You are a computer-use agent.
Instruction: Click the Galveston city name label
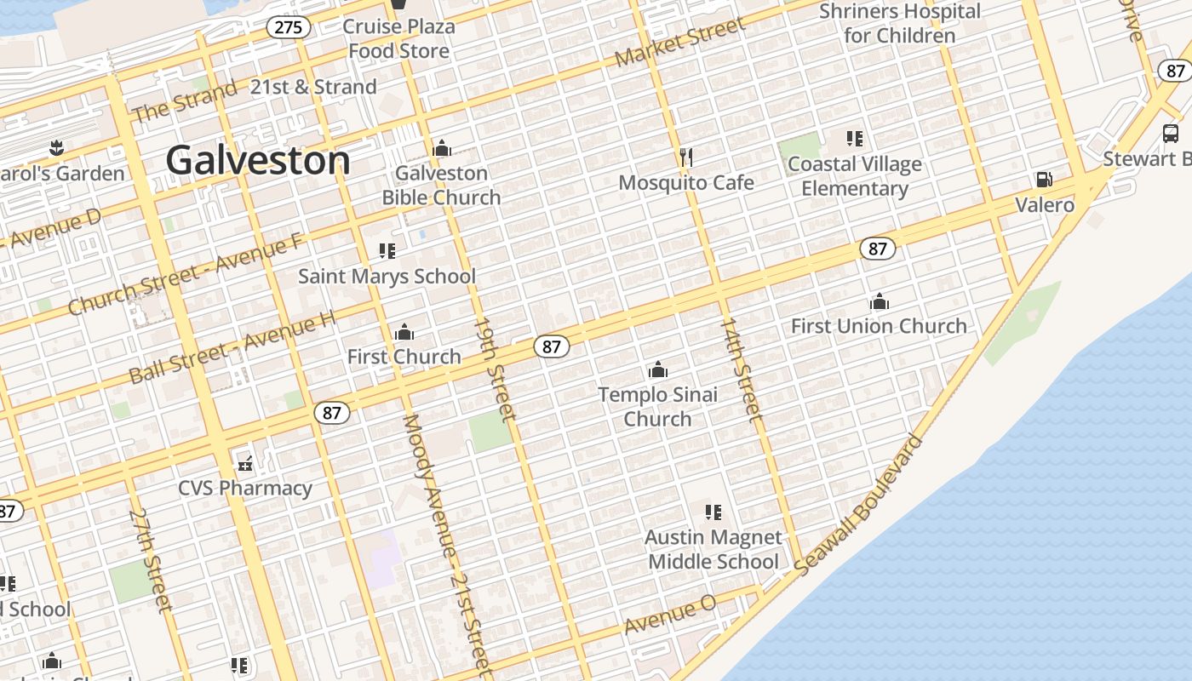(x=258, y=160)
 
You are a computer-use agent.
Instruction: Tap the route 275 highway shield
(x=289, y=27)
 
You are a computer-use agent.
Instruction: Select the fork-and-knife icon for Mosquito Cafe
(x=686, y=157)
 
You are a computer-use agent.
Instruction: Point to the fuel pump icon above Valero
(x=1044, y=180)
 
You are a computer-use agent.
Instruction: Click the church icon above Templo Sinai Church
(x=657, y=369)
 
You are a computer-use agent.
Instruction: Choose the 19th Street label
(x=495, y=369)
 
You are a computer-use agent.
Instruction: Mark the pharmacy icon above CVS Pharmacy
(x=245, y=464)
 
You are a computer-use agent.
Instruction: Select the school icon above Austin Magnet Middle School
(x=713, y=512)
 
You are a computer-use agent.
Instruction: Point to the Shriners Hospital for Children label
(x=899, y=24)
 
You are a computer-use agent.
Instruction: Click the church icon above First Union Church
(x=880, y=301)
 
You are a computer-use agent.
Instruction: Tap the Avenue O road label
(x=670, y=615)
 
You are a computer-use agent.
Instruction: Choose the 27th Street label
(x=150, y=560)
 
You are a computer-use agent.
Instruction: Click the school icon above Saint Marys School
(x=387, y=251)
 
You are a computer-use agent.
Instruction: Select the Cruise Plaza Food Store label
(x=398, y=38)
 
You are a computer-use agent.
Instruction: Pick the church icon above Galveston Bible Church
(x=441, y=148)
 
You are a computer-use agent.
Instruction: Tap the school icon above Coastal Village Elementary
(x=855, y=138)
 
